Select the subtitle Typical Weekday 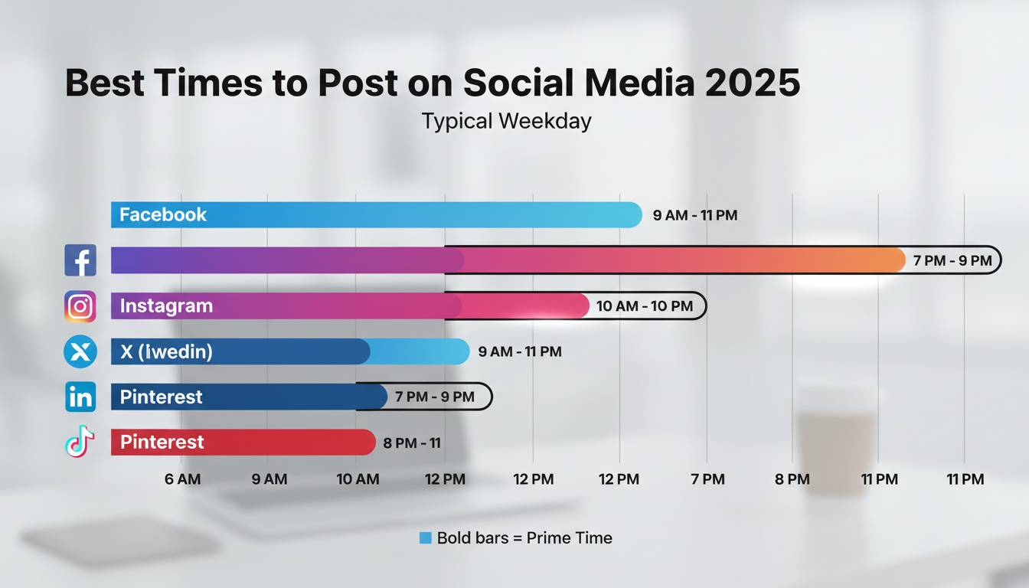(506, 121)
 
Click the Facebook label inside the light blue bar (163, 214)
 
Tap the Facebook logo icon (80, 260)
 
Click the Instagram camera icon (80, 306)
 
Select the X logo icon (80, 352)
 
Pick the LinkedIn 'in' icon (80, 397)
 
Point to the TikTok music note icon (80, 442)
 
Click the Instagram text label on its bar (166, 306)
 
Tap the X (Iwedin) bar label (166, 352)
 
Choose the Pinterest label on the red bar (162, 442)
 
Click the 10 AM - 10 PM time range (644, 306)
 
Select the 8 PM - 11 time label (411, 443)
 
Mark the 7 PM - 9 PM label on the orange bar (952, 260)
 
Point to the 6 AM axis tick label (182, 479)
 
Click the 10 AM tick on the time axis (358, 479)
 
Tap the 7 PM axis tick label (707, 479)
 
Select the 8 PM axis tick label (792, 479)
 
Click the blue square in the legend (426, 538)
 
